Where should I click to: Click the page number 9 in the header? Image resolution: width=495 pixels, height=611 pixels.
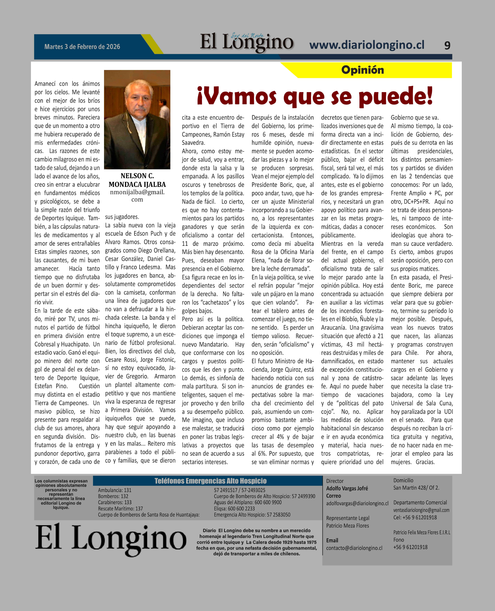(447, 45)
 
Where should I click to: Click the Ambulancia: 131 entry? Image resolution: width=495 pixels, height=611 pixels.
(115, 490)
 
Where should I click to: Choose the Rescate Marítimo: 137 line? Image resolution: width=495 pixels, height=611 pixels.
(120, 508)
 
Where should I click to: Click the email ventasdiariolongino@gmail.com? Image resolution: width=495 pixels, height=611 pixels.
(421, 510)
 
